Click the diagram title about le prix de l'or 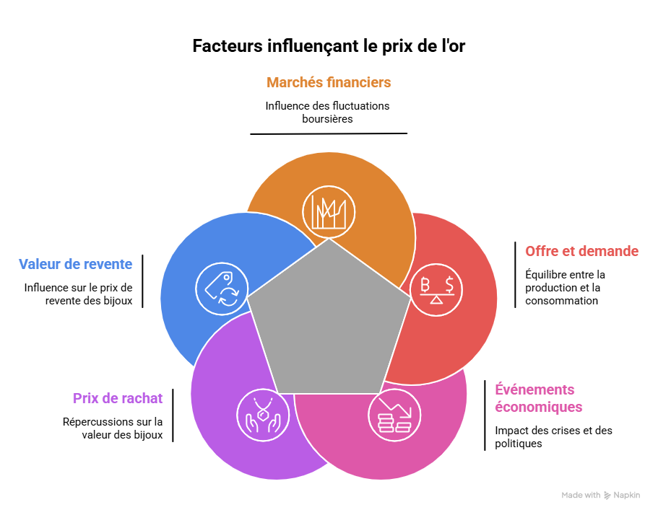[x=329, y=46]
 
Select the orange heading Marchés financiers [x=329, y=82]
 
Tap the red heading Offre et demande [x=581, y=251]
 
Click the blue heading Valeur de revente [x=76, y=264]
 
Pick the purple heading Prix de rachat [x=118, y=398]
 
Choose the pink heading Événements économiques [x=538, y=398]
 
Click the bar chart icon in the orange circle [x=329, y=212]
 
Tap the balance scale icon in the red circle [x=436, y=289]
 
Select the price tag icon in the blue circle [x=222, y=289]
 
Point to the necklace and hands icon [x=263, y=415]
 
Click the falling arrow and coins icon [x=394, y=415]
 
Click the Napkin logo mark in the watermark [x=607, y=496]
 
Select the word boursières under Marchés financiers [x=327, y=119]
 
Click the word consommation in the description [x=561, y=301]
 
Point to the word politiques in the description [x=519, y=444]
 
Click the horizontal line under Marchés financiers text [x=329, y=133]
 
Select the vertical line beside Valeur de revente [x=143, y=281]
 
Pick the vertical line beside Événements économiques [x=485, y=415]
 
